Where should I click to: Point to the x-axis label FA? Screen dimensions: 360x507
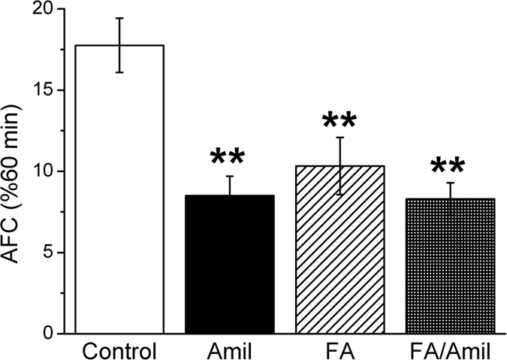click(341, 351)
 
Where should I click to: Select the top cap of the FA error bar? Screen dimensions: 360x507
click(341, 138)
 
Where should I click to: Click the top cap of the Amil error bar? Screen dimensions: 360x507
click(230, 176)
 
